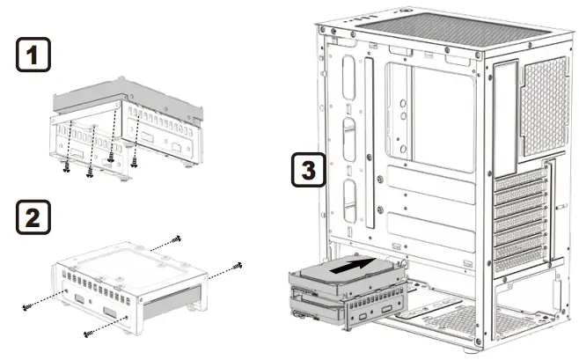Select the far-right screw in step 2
point(237,264)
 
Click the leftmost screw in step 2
point(27,305)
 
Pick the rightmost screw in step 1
point(135,161)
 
